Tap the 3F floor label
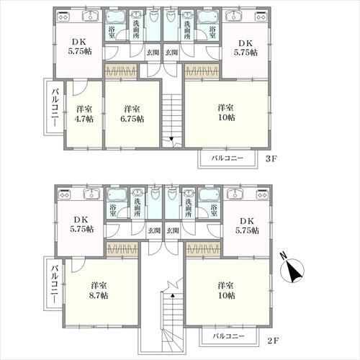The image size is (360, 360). pos(271,159)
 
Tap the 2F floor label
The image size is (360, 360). pos(273,341)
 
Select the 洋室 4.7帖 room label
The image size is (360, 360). pos(84,114)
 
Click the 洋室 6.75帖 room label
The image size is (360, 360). pos(132,114)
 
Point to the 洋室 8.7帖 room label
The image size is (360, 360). pos(99,290)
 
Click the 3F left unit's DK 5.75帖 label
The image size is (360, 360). pos(80,47)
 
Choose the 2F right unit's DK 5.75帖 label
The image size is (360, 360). pos(247,225)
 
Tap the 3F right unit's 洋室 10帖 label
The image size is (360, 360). pos(226,112)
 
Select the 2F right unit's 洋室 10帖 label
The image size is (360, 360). pos(226,290)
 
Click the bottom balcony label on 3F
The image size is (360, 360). pos(228,158)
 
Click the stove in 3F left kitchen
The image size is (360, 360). pos(63,17)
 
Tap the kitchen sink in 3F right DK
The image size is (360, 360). pos(235,17)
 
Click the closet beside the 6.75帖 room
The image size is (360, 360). pos(121,71)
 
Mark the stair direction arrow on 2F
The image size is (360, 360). pos(172,296)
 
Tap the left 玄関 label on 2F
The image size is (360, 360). pos(154,230)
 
